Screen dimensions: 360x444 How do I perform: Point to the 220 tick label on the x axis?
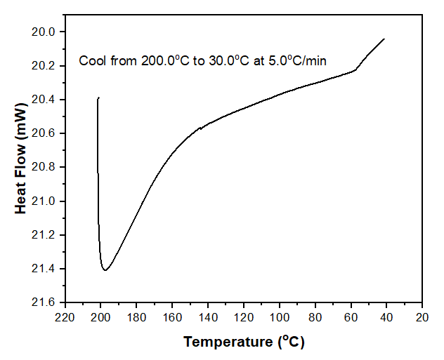pos(65,318)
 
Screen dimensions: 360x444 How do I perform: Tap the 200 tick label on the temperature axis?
pos(100,318)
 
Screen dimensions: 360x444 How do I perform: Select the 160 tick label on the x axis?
pos(172,318)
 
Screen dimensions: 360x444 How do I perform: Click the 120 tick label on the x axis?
pos(244,318)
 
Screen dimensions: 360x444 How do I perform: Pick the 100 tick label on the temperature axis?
pos(280,318)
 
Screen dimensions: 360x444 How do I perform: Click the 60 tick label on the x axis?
pos(351,318)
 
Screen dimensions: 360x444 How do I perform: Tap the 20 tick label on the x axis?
pos(422,318)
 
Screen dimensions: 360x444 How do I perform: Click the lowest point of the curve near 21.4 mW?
pos(105,270)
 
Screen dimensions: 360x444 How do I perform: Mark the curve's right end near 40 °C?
pos(384,39)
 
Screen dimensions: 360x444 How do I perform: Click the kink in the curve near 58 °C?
pos(355,69)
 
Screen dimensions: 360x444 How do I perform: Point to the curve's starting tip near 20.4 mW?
pos(98,98)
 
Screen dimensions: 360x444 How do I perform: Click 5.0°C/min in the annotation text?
pos(300,61)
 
